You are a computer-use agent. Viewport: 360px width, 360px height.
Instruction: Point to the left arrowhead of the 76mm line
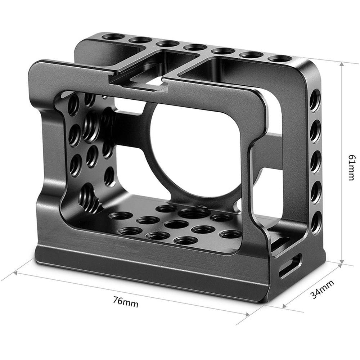click(x=15, y=273)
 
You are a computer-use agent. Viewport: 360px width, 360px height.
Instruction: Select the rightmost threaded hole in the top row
click(x=280, y=58)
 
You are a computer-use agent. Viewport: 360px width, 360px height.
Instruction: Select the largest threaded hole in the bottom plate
click(x=195, y=213)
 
